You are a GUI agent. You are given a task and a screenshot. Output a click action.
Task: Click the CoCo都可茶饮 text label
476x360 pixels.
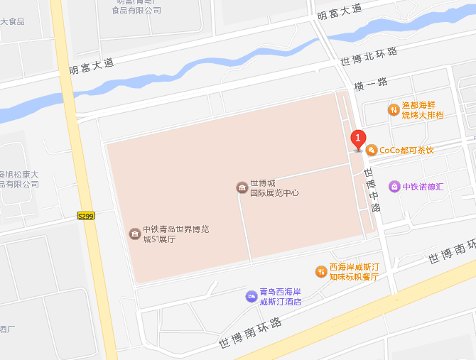pyautogui.click(x=406, y=150)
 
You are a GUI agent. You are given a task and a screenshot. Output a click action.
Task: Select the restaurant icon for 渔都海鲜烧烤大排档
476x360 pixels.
pyautogui.click(x=393, y=109)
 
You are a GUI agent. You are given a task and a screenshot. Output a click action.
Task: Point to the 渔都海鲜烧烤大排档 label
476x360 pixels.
pyautogui.click(x=423, y=109)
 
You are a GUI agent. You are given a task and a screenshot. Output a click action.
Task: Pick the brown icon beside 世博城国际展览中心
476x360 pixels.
pyautogui.click(x=242, y=187)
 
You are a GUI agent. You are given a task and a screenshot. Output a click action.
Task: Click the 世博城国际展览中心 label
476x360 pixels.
pyautogui.click(x=274, y=187)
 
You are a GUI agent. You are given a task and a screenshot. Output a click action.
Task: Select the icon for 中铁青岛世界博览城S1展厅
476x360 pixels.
pyautogui.click(x=134, y=234)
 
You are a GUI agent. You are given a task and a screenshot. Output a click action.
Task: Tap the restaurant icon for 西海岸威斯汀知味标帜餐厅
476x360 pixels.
pyautogui.click(x=321, y=272)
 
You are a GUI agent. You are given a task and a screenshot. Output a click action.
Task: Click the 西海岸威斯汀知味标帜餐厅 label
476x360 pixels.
pyautogui.click(x=353, y=272)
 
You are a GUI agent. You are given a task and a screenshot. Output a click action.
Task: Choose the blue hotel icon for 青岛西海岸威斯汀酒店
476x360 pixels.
pyautogui.click(x=251, y=296)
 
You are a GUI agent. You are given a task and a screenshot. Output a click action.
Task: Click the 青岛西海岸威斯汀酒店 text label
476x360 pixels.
pyautogui.click(x=280, y=297)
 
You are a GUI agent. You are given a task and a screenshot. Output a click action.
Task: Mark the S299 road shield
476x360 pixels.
pyautogui.click(x=86, y=215)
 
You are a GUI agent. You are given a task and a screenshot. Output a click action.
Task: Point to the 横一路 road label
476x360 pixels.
pyautogui.click(x=371, y=83)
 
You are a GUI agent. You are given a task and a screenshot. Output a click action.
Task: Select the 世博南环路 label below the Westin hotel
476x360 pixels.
pyautogui.click(x=250, y=333)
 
